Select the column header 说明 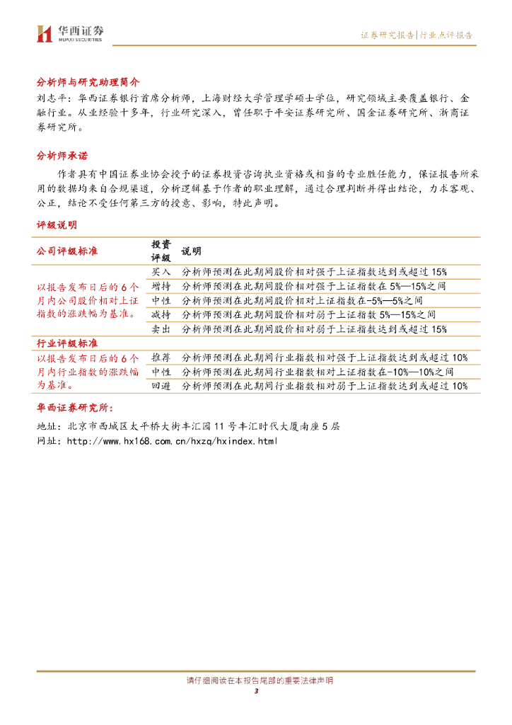(x=191, y=251)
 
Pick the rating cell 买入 (x=161, y=271)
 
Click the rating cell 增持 (x=161, y=285)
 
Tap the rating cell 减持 (x=161, y=314)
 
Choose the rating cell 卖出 (x=161, y=329)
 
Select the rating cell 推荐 (x=161, y=358)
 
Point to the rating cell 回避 (x=161, y=386)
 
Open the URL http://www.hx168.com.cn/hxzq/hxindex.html (x=172, y=441)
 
